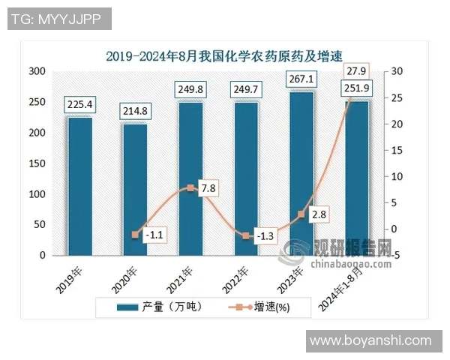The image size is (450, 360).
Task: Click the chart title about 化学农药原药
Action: click(x=223, y=55)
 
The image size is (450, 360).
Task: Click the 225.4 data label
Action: click(x=79, y=105)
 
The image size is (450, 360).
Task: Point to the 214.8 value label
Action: click(x=135, y=112)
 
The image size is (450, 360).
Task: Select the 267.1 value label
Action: click(x=301, y=79)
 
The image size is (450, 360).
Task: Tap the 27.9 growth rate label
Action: click(x=357, y=71)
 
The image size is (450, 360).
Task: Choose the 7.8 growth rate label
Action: click(x=208, y=188)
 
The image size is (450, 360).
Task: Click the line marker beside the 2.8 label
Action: click(x=301, y=214)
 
